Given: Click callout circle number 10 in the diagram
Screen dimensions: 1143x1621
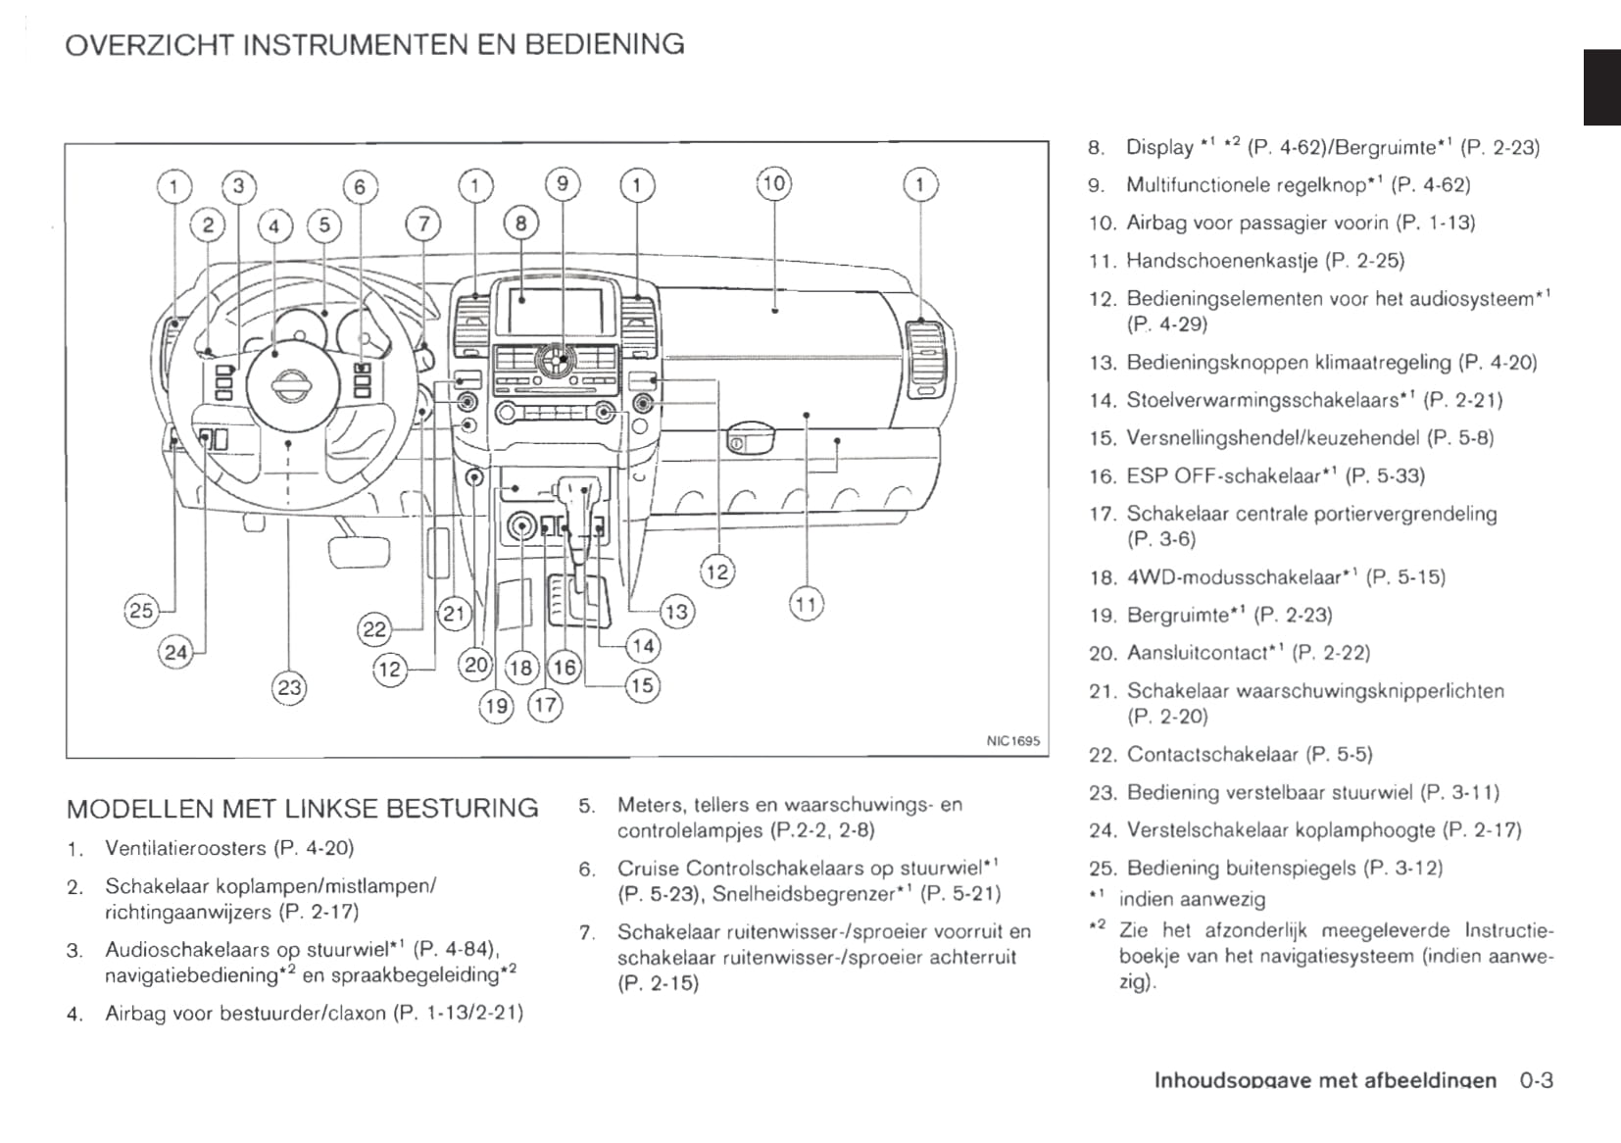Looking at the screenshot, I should click(x=774, y=183).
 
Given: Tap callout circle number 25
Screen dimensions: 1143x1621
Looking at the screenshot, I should click(x=141, y=611).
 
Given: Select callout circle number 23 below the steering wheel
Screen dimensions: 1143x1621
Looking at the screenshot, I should click(x=289, y=687).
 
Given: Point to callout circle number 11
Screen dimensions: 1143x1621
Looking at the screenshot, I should click(x=806, y=605).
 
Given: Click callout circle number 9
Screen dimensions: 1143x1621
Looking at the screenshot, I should click(x=563, y=183).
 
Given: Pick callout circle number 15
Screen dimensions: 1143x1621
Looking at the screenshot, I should click(x=642, y=685).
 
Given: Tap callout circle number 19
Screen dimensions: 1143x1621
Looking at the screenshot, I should click(x=496, y=705).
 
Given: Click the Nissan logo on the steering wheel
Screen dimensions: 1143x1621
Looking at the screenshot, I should click(x=288, y=386).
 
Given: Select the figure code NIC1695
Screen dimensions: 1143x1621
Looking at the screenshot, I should click(x=1012, y=741).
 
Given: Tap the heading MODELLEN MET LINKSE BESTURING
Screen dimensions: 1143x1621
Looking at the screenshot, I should click(x=302, y=809).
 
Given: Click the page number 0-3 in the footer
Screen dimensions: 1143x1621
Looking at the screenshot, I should click(x=1537, y=1080).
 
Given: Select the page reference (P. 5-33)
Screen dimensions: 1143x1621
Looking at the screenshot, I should click(x=1385, y=476).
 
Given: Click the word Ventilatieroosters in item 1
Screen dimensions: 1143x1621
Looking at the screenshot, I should click(x=185, y=848).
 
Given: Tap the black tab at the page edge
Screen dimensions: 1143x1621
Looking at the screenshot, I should click(x=1601, y=87).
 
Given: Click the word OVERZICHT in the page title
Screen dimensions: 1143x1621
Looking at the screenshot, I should click(x=149, y=44).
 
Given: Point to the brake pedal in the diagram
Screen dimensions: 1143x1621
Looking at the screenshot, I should click(x=359, y=552).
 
